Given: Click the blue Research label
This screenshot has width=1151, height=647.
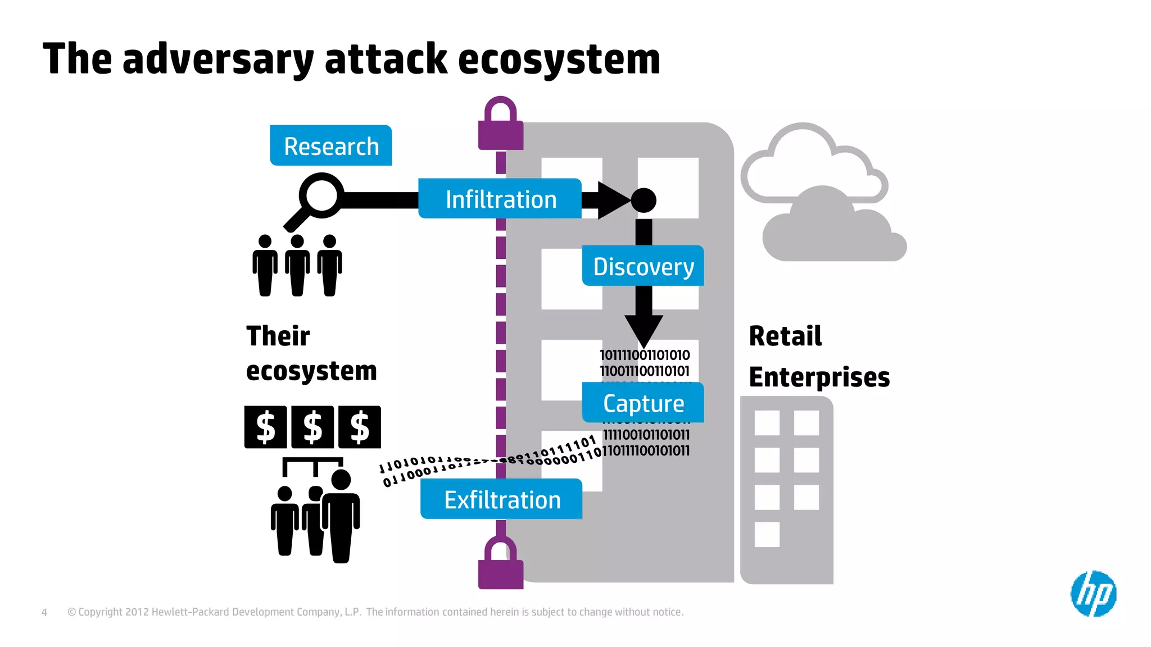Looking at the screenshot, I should (331, 146).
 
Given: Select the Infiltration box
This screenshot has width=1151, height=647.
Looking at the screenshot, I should (500, 199).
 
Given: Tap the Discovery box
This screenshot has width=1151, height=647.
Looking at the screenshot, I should (643, 266).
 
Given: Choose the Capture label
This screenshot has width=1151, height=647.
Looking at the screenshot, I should (643, 403).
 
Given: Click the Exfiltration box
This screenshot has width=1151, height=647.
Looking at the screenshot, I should (501, 499).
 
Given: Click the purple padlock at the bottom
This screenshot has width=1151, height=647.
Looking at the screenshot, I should (500, 564).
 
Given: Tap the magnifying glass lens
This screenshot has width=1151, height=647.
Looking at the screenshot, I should (321, 195).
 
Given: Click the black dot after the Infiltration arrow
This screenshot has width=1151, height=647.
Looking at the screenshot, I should (644, 200).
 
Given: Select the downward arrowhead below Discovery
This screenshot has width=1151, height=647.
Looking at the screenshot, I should (644, 329).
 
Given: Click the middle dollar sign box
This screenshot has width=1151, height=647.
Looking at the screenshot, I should (312, 427).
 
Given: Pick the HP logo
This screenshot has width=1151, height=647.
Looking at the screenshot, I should (1093, 594).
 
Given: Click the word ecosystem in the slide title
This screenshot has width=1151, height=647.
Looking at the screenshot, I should (559, 60).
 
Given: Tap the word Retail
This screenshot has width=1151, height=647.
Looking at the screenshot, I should (785, 336).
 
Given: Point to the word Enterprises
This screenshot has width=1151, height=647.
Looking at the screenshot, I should (819, 377).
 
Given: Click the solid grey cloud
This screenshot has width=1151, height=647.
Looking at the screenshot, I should (832, 230).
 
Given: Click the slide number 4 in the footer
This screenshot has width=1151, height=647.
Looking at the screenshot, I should (44, 612).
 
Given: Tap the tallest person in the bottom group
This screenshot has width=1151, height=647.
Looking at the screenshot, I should (341, 517).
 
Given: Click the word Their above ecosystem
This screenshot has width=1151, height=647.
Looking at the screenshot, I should (278, 336).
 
